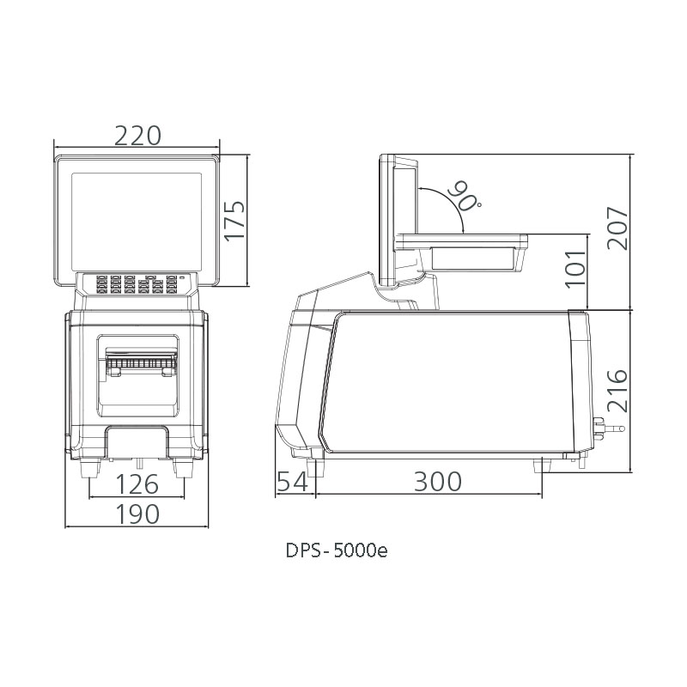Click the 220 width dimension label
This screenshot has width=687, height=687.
click(137, 135)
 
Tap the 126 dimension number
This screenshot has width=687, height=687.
click(137, 484)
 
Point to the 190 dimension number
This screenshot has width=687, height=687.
click(137, 514)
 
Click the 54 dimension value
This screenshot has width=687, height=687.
click(292, 482)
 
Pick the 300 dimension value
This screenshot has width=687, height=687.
click(437, 482)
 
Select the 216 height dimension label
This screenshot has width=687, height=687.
click(617, 391)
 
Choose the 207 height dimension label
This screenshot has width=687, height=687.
click(617, 228)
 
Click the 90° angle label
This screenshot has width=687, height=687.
click(466, 195)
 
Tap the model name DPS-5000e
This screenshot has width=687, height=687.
click(337, 550)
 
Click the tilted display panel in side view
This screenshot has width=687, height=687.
click(398, 223)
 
